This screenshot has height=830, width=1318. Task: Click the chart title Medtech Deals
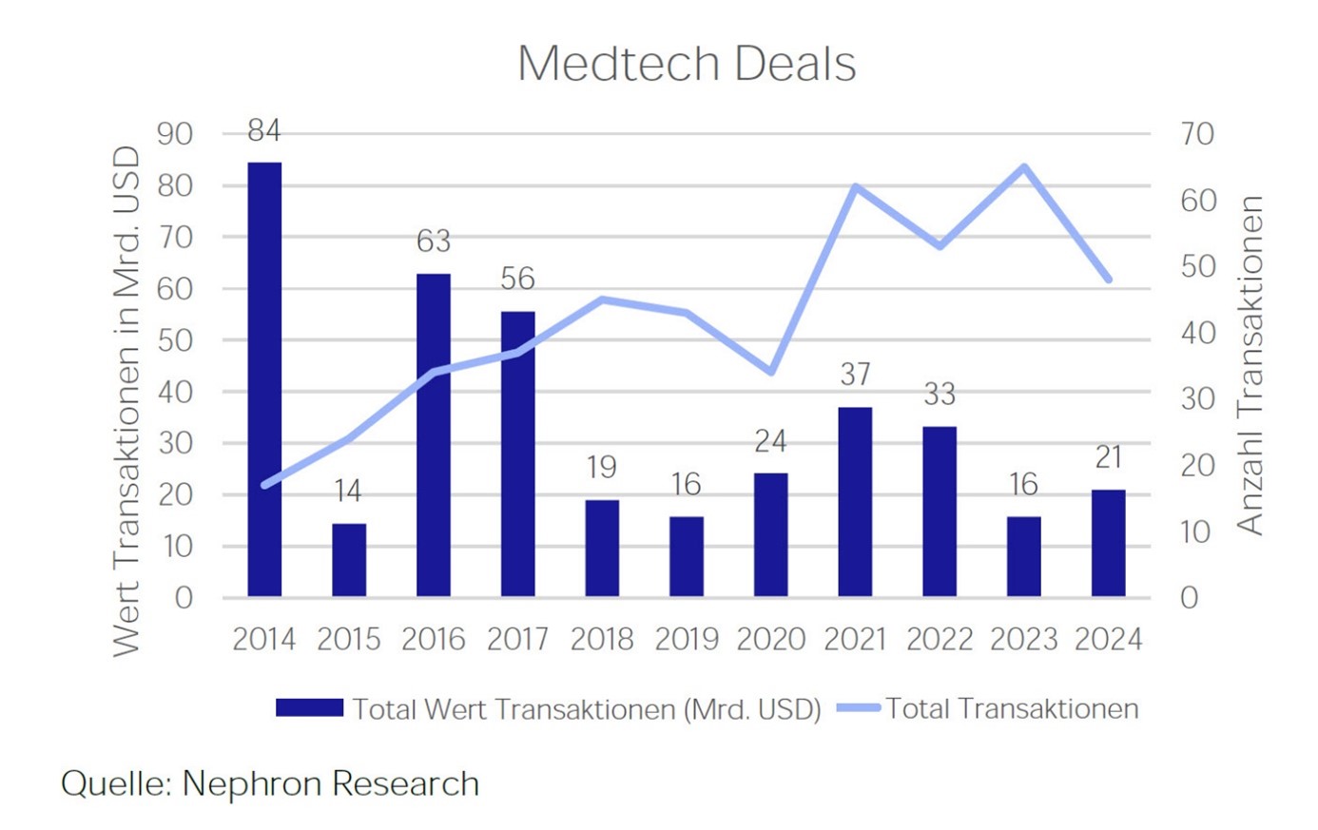point(686,65)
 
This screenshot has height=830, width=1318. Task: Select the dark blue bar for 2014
point(264,380)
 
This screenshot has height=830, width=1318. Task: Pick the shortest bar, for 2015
point(349,560)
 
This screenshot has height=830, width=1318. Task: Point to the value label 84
point(264,130)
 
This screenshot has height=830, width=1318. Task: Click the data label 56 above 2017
point(517,279)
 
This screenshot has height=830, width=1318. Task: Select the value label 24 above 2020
point(770,441)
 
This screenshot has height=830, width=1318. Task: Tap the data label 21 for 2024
point(1108,458)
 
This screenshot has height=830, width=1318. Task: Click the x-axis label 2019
point(687,640)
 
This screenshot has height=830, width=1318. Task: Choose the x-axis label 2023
point(1023,640)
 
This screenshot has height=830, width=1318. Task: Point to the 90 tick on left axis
point(174,134)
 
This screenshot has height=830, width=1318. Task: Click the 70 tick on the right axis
point(1197,134)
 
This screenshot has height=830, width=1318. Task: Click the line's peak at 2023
point(1023,167)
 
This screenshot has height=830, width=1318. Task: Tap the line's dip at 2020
point(770,372)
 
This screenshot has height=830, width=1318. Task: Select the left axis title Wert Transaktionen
point(126,399)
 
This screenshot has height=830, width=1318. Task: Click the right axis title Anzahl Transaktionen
point(1250,366)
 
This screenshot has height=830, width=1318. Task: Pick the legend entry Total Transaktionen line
point(989,709)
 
